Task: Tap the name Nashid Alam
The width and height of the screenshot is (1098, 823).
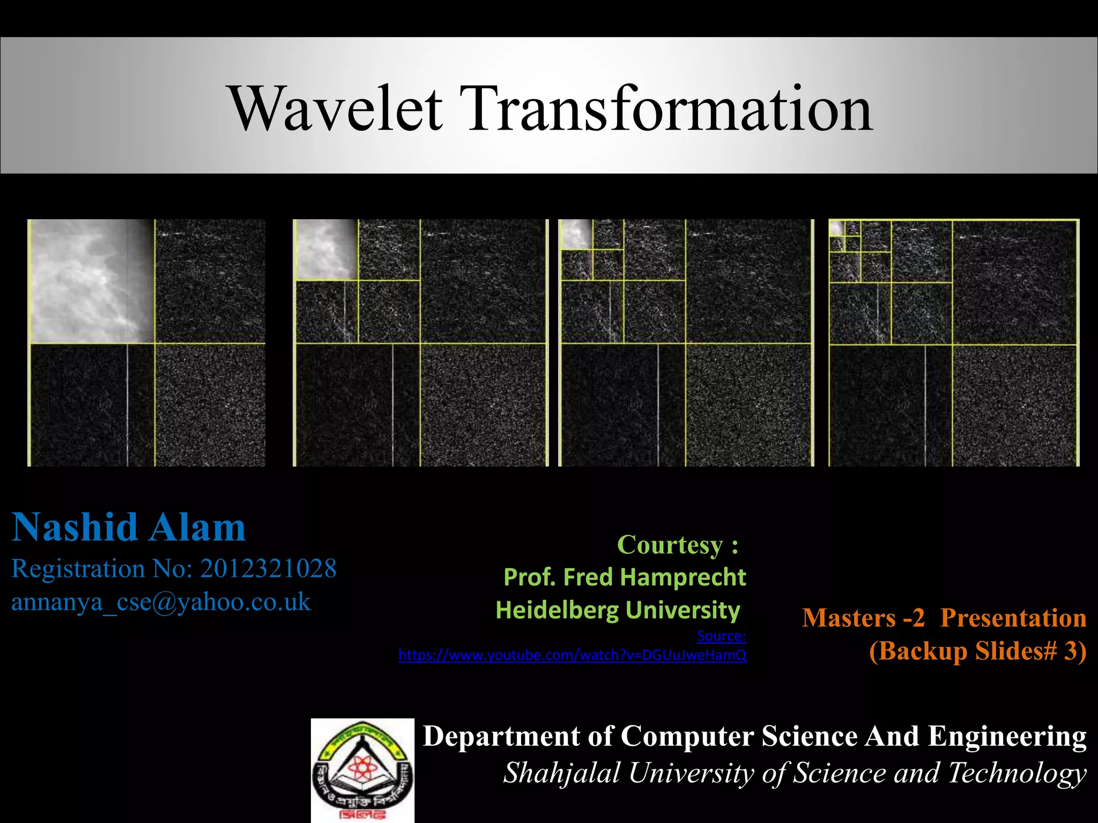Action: pyautogui.click(x=129, y=528)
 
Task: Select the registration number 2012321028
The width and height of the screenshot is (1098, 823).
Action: pyautogui.click(x=268, y=568)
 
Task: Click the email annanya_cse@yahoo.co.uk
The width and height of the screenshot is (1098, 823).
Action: pyautogui.click(x=161, y=602)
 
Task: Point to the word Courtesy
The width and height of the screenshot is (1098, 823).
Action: pyautogui.click(x=670, y=545)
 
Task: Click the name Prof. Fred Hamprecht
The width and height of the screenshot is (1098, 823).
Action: pyautogui.click(x=625, y=578)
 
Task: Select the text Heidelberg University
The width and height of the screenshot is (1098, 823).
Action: pyautogui.click(x=618, y=610)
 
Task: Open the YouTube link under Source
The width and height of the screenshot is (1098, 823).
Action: pyautogui.click(x=572, y=655)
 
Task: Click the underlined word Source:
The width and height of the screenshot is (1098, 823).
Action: pyautogui.click(x=721, y=636)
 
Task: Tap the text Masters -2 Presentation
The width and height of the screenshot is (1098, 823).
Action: pyautogui.click(x=944, y=618)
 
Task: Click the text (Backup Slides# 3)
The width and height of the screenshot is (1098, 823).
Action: pyautogui.click(x=977, y=651)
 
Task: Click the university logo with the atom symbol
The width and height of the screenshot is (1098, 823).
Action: pyautogui.click(x=363, y=770)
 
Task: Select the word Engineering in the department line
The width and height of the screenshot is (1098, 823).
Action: pyautogui.click(x=1007, y=736)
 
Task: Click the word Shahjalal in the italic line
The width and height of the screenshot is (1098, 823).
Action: pyautogui.click(x=561, y=773)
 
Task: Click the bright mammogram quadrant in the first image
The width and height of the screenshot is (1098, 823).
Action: pyautogui.click(x=91, y=281)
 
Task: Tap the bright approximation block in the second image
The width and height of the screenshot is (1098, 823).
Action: pyautogui.click(x=327, y=250)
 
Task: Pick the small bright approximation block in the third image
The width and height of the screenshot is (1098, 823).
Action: pyautogui.click(x=576, y=234)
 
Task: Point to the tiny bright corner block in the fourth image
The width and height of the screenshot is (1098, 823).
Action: pyautogui.click(x=836, y=228)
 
